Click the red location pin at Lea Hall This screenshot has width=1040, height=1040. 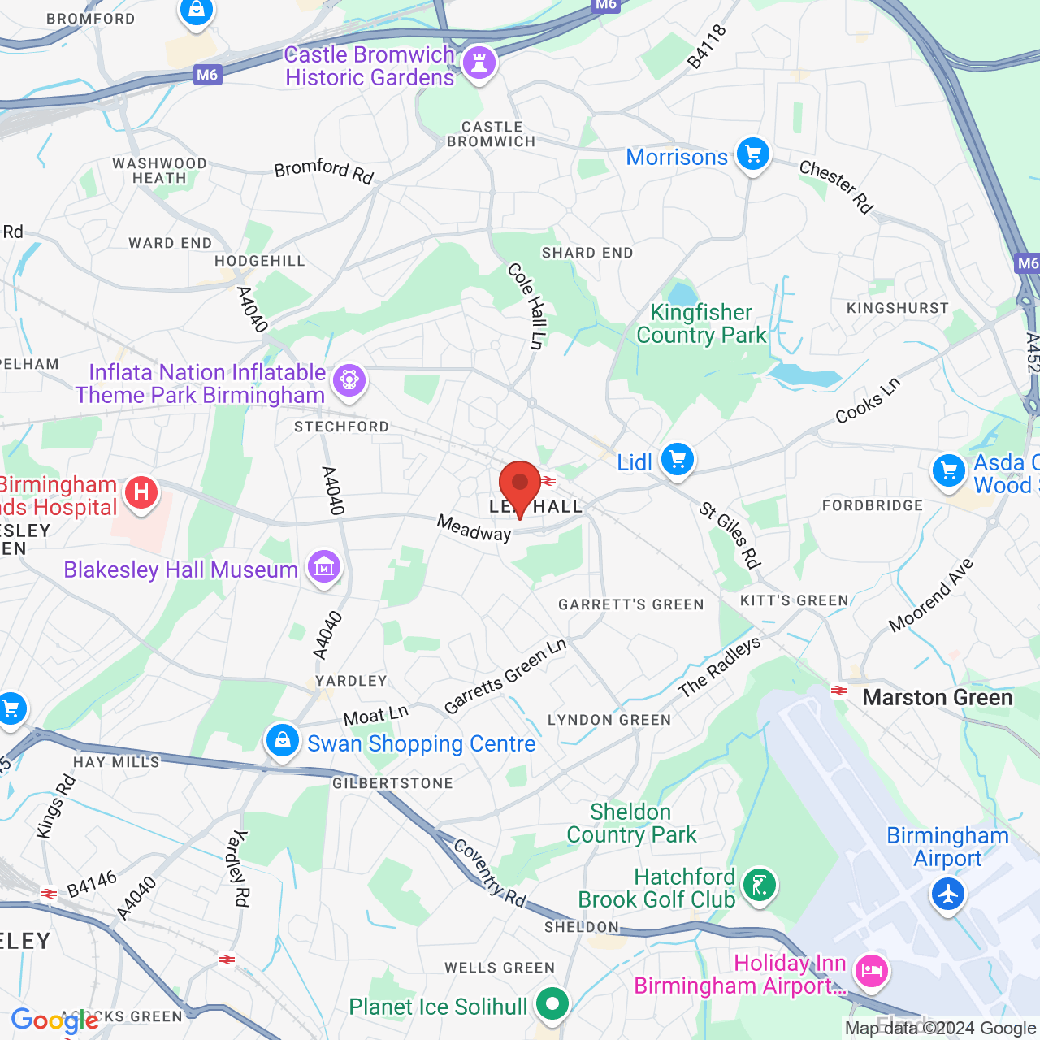point(520,485)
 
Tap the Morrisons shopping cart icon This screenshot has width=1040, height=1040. point(752,154)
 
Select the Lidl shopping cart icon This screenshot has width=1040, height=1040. point(677,460)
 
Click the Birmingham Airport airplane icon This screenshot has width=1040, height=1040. point(947,894)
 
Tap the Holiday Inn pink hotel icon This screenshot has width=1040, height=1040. point(872,970)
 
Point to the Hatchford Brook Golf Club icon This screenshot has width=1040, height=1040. point(760,884)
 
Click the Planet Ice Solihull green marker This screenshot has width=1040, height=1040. point(552,1004)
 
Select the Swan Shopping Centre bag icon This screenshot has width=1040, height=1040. point(283,741)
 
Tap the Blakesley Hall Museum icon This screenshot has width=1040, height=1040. point(324,567)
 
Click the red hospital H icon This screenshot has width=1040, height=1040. point(141,492)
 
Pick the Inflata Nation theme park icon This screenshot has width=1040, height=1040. point(349,379)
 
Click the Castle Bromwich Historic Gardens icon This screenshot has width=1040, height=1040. point(479,62)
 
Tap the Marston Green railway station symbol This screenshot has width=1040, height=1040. point(838,691)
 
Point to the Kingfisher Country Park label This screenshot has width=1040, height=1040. point(701,323)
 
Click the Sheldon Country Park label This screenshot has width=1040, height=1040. point(631,823)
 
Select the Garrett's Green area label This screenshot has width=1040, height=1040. point(630,604)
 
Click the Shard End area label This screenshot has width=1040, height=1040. point(587,253)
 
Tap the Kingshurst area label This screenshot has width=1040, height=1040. point(897,308)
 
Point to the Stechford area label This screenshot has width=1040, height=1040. point(341,427)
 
